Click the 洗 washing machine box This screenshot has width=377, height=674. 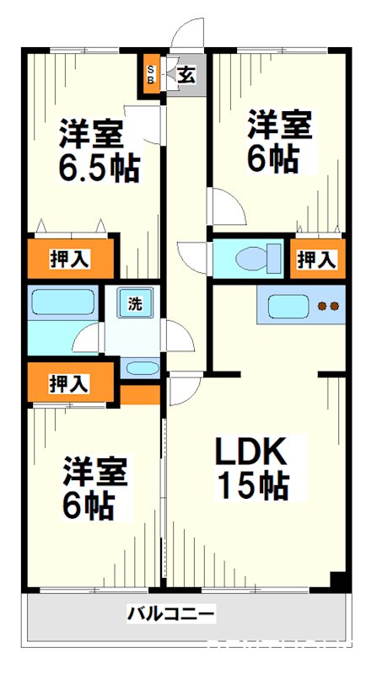(x=134, y=303)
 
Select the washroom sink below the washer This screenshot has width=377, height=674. (x=139, y=367)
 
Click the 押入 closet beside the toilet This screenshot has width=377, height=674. (x=316, y=259)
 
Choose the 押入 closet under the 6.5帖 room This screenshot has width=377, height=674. (x=69, y=259)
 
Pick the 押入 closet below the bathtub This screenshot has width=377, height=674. (x=69, y=384)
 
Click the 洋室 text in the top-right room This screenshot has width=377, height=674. (x=279, y=126)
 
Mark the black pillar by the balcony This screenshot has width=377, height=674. (x=338, y=582)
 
